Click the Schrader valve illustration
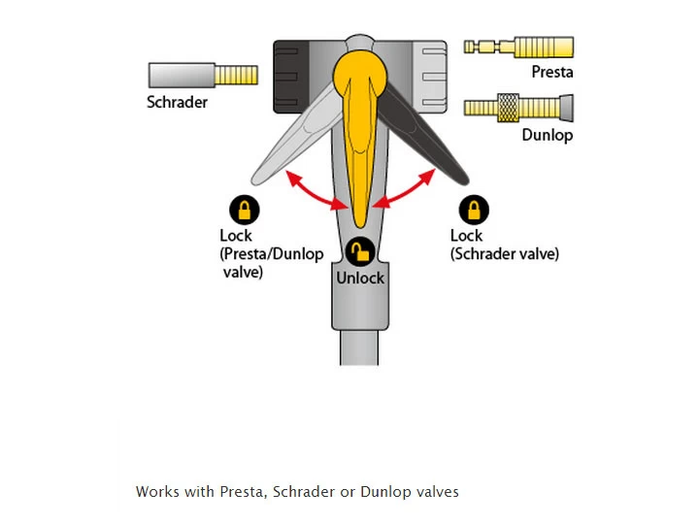203,75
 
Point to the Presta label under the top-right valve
551,72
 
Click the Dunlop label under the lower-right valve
547,135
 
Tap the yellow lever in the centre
359,126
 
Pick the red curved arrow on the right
407,189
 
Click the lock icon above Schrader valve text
474,210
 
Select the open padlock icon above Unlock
359,252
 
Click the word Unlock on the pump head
360,278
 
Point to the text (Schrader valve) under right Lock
505,254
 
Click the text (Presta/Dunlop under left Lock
268,254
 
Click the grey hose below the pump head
359,349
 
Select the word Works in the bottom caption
158,492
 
